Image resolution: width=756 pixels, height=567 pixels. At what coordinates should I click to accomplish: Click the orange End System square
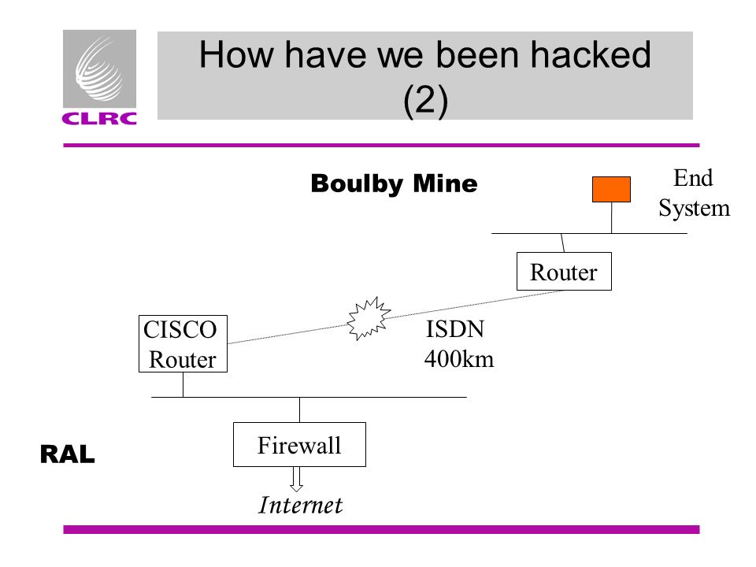[611, 189]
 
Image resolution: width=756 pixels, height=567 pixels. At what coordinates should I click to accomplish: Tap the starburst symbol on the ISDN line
[369, 318]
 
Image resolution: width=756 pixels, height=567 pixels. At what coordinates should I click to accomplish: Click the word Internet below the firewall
[300, 505]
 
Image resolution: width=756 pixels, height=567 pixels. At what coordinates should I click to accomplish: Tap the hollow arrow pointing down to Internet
[297, 480]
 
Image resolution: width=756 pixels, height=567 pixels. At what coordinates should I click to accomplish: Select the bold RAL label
[68, 454]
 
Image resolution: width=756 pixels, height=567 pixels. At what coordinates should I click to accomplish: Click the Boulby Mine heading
[394, 183]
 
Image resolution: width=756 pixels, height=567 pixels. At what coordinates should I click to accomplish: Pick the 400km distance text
[459, 359]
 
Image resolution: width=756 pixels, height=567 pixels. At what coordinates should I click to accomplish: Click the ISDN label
[455, 329]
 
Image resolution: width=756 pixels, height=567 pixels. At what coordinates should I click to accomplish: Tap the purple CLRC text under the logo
[99, 119]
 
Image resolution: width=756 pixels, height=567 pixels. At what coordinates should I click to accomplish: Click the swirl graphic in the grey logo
[99, 69]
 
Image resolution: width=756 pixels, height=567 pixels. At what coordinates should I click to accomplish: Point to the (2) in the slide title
[425, 100]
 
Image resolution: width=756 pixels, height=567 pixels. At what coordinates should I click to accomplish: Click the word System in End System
[695, 209]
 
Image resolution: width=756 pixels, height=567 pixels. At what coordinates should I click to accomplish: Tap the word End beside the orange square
[693, 178]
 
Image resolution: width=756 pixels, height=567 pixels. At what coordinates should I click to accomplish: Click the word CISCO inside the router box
[180, 330]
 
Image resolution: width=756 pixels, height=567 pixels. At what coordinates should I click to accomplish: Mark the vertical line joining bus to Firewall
[299, 409]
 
